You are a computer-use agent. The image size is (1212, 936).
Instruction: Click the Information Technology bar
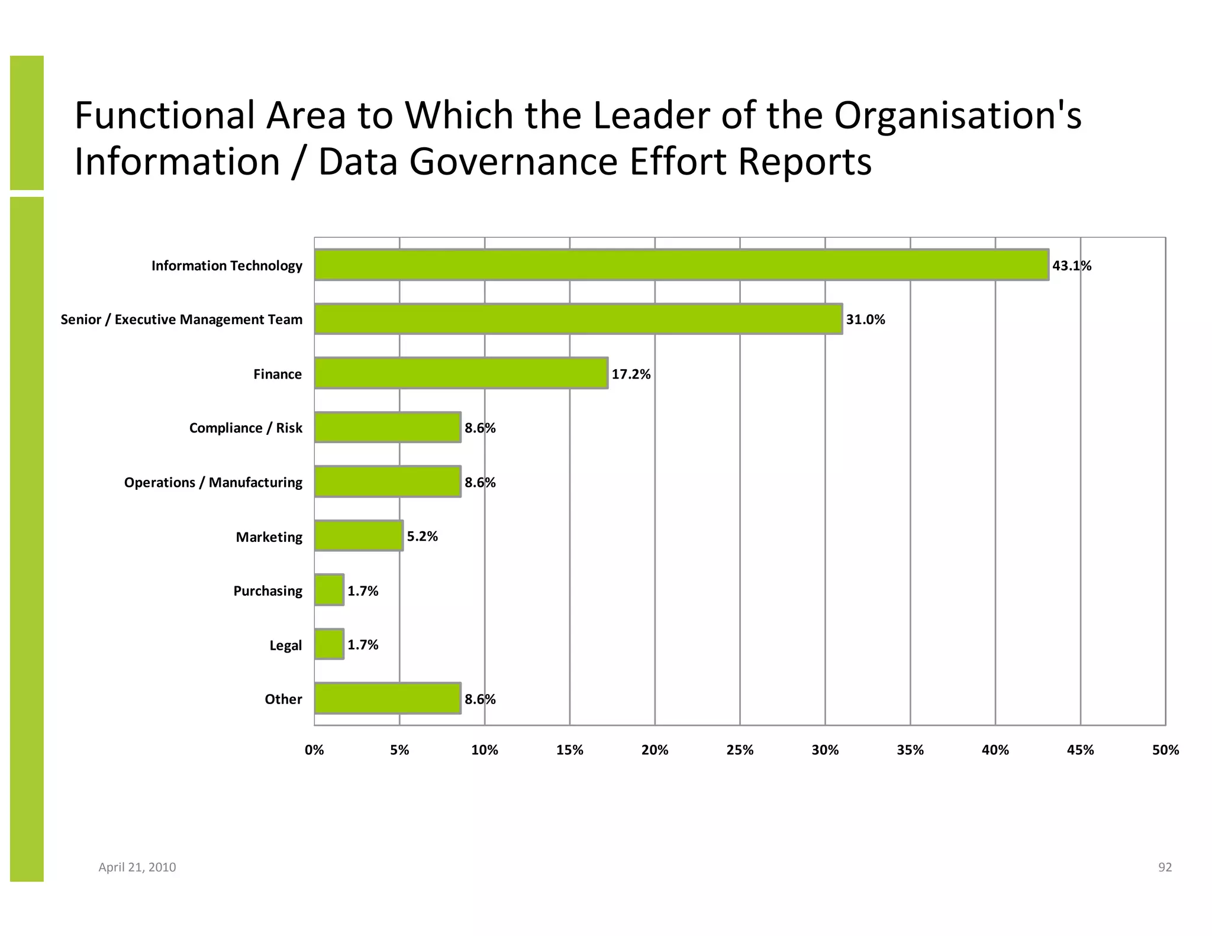pos(681,264)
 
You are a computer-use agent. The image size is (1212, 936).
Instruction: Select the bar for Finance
pos(461,373)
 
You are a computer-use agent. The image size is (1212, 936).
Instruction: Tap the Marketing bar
pos(359,536)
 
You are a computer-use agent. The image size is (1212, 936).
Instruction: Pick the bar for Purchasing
pos(329,590)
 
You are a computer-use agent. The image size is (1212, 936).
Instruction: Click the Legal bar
pos(329,644)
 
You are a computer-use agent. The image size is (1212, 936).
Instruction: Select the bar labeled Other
pos(388,699)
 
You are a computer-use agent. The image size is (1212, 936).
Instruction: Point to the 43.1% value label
pos(1071,266)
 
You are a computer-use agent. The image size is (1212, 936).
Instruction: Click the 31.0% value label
pos(865,319)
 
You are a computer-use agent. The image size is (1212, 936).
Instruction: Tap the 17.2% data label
pos(631,374)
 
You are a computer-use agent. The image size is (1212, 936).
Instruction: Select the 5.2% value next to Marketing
pos(422,536)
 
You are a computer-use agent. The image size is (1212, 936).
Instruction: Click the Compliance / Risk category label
pos(246,428)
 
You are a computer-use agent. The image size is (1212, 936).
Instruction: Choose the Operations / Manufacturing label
pos(213,482)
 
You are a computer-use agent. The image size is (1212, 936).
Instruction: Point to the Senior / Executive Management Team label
pos(181,319)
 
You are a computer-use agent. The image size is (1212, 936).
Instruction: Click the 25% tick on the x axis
pos(740,750)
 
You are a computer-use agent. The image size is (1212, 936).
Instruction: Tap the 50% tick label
pos(1165,750)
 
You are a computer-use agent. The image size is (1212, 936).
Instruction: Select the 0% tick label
pos(314,750)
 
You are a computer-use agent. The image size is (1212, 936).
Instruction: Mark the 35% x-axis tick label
pos(910,750)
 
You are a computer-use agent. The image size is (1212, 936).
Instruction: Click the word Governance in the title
pos(513,162)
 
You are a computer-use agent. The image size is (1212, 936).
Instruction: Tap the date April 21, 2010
pos(137,867)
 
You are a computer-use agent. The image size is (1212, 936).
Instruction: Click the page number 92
pos(1165,867)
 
